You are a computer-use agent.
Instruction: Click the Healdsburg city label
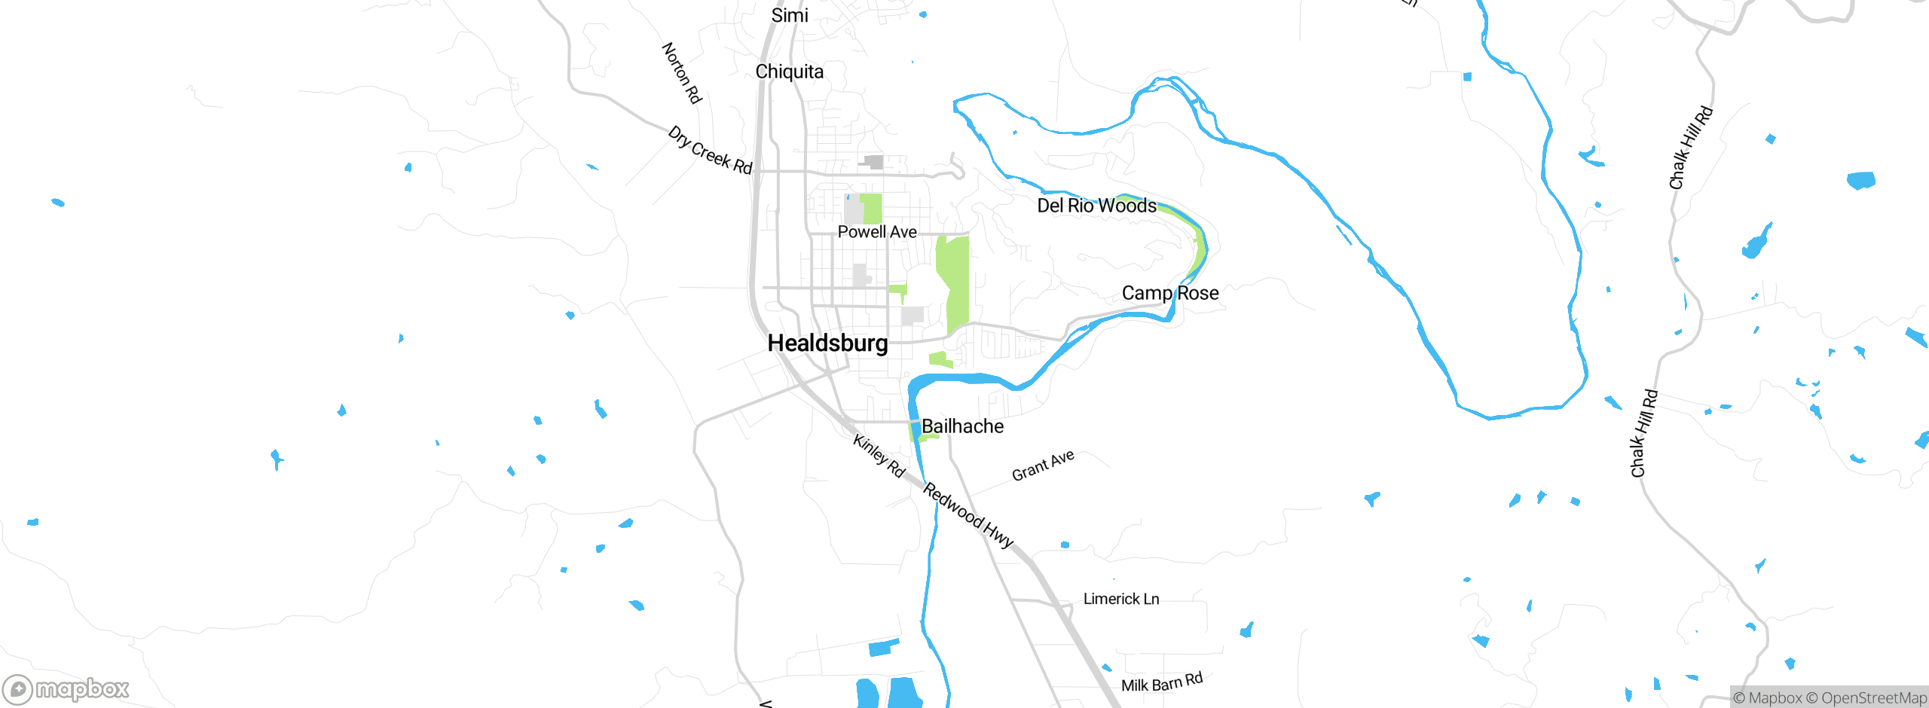(x=827, y=343)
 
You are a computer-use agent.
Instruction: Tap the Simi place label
(x=790, y=15)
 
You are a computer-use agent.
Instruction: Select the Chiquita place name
(x=789, y=72)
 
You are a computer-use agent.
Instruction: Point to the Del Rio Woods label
(x=1096, y=206)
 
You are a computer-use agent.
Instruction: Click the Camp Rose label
(x=1169, y=293)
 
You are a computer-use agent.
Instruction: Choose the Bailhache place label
(x=962, y=426)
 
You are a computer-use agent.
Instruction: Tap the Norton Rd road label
(x=681, y=73)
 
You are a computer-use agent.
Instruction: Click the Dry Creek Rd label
(x=710, y=151)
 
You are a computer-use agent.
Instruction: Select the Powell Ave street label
(x=877, y=232)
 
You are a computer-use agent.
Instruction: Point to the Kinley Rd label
(x=879, y=456)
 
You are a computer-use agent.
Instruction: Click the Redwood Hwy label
(x=968, y=515)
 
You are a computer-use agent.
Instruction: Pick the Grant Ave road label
(x=1043, y=465)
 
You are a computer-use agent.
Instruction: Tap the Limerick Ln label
(x=1120, y=599)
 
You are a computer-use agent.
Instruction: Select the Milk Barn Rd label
(x=1161, y=682)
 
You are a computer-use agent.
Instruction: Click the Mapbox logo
(x=66, y=689)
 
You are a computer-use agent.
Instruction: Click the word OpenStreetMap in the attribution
(x=1872, y=698)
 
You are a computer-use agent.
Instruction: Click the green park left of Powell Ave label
(x=871, y=209)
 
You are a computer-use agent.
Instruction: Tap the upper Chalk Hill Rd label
(x=1690, y=148)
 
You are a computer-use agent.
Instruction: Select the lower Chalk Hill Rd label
(x=1644, y=433)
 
